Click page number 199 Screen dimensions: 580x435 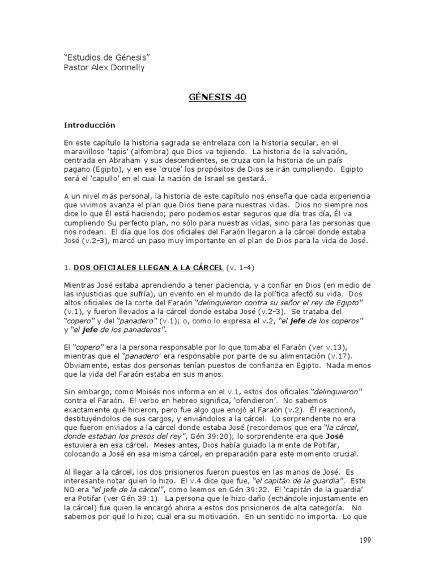(x=364, y=541)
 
